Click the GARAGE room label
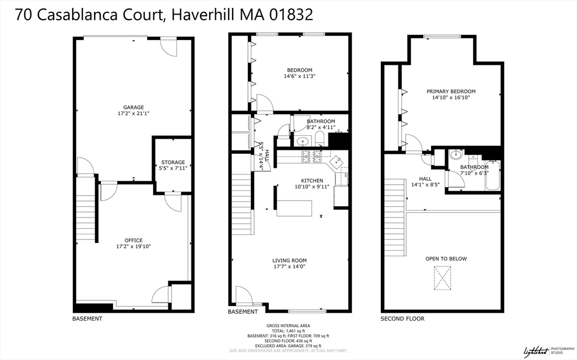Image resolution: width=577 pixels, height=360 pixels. [x=134, y=107]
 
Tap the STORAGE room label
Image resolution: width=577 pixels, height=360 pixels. [x=173, y=162]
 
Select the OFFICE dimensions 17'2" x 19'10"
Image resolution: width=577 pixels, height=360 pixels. [x=134, y=246]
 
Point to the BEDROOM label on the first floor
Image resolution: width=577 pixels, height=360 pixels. [x=299, y=70]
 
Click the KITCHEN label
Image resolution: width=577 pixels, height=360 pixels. [x=308, y=180]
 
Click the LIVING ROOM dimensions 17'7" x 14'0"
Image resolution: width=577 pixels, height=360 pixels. [x=290, y=267]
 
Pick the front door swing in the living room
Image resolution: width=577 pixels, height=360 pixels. [x=243, y=295]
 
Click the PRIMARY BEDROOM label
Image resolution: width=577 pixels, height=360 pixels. [x=451, y=91]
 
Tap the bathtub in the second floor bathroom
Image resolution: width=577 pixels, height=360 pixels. [x=494, y=175]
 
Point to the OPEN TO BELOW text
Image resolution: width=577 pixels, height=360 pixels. [x=446, y=259]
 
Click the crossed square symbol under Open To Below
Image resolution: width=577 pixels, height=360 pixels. [x=442, y=278]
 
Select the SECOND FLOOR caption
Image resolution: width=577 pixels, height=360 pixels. [x=402, y=319]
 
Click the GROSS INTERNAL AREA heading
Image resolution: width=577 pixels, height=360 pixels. [x=288, y=326]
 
